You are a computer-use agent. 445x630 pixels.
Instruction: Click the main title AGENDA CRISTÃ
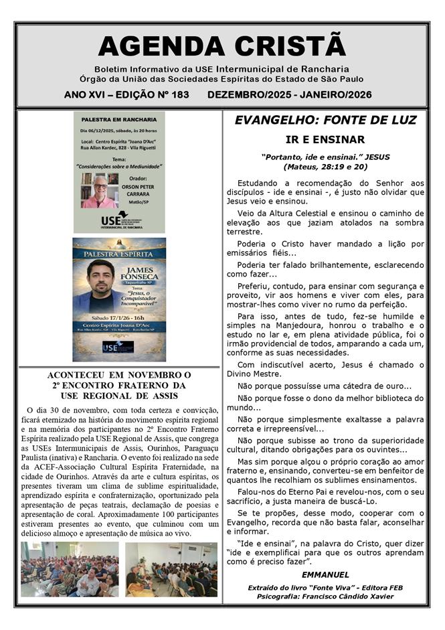coord(221,46)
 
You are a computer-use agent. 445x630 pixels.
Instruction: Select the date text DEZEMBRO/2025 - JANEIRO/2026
coord(290,95)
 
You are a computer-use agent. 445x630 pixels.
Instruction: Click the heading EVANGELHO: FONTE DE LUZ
coord(325,121)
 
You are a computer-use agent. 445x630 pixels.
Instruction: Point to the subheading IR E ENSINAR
coord(325,140)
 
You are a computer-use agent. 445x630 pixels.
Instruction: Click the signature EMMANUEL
coord(325,574)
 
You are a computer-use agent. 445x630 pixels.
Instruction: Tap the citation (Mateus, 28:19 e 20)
coord(325,166)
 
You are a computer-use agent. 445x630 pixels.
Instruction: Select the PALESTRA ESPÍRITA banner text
coord(119,254)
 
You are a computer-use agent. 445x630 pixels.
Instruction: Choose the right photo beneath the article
coord(171,568)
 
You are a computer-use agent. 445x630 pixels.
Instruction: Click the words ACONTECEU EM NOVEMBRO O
coord(119,375)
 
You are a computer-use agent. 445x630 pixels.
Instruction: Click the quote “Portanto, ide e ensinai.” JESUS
coord(325,157)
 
